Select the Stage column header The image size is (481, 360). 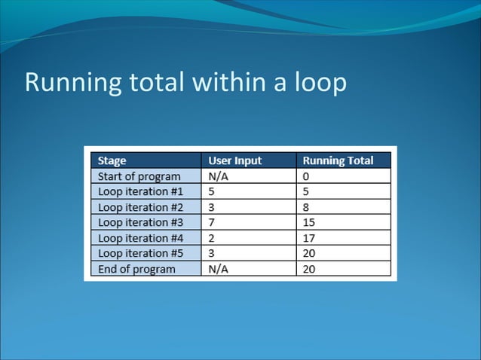[x=112, y=160]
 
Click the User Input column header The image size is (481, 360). [x=235, y=160]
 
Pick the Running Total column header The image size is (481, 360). [x=337, y=160]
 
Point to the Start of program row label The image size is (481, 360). [x=139, y=176]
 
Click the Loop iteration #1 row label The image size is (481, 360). [x=140, y=191]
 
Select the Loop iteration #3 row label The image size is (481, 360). [x=140, y=222]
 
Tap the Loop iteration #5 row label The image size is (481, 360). [x=140, y=253]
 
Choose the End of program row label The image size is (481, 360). [x=136, y=269]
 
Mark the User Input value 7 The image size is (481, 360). [x=213, y=222]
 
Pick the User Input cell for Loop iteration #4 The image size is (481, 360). [x=213, y=238]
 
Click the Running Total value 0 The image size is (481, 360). [x=306, y=176]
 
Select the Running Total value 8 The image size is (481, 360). [x=306, y=207]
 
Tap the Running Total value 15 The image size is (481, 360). [x=309, y=222]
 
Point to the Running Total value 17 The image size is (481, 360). [x=309, y=238]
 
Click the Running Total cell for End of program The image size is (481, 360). [x=309, y=269]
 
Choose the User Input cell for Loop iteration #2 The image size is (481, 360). [x=213, y=207]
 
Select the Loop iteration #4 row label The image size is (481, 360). [x=140, y=238]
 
